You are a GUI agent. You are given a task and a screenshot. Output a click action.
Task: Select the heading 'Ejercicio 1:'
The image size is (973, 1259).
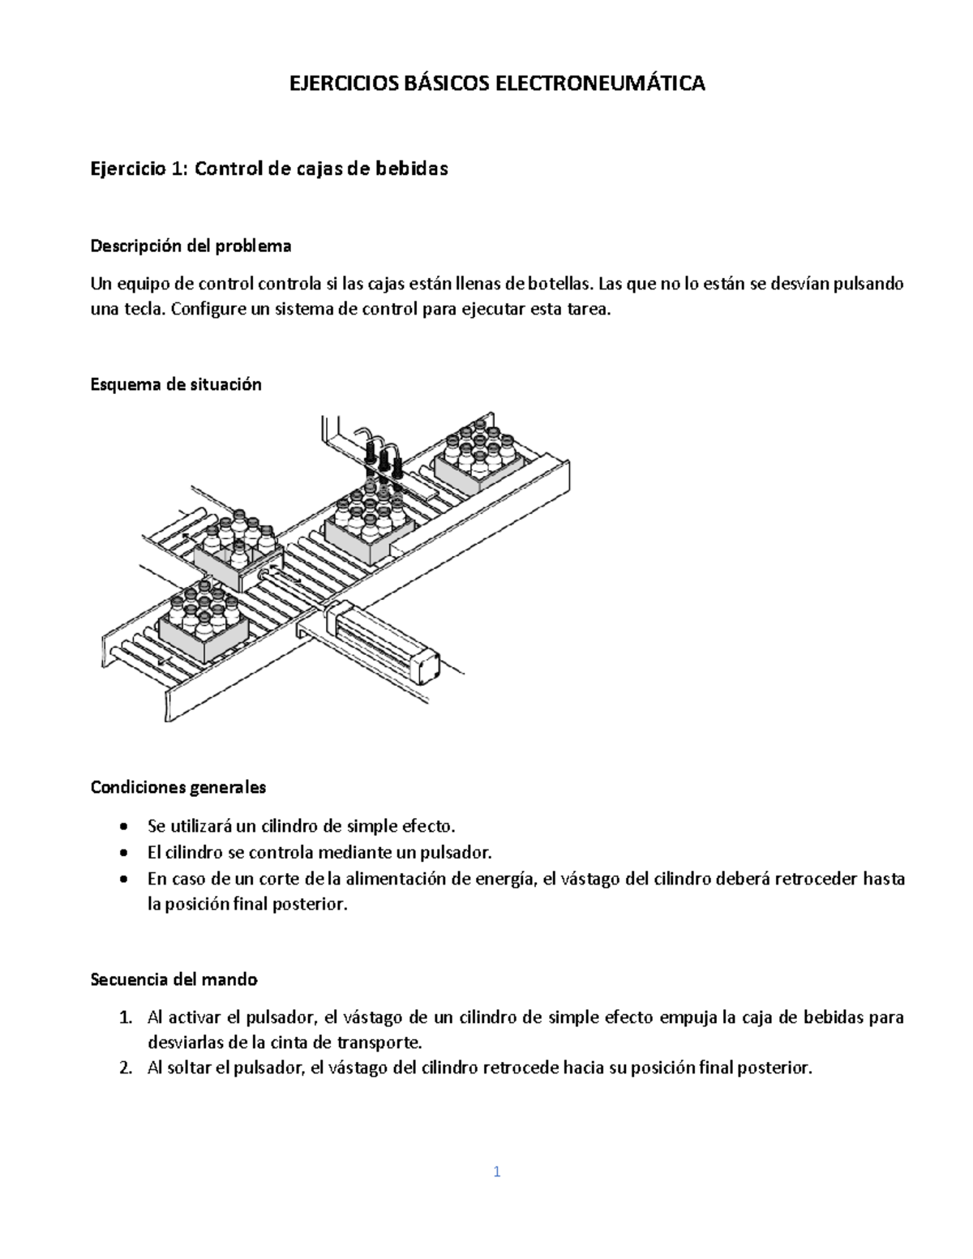coord(139,169)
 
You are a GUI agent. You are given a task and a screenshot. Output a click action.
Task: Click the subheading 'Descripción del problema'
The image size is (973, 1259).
coord(191,245)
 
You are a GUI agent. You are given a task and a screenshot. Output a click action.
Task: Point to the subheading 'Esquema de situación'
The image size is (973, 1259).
coord(176,384)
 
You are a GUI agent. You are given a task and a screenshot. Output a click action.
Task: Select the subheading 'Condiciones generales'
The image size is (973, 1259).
coord(178,786)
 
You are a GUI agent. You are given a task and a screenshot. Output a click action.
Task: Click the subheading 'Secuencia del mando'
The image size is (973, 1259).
coord(174,979)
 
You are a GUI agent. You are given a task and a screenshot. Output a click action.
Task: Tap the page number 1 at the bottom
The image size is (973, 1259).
coord(497,1171)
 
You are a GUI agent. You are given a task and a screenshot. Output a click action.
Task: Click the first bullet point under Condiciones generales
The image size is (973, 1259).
coord(122,827)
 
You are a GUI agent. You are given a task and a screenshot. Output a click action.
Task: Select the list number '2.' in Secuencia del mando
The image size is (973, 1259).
coord(125,1068)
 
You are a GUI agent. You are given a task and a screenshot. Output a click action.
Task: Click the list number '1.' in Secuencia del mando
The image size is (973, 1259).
coord(125,1017)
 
